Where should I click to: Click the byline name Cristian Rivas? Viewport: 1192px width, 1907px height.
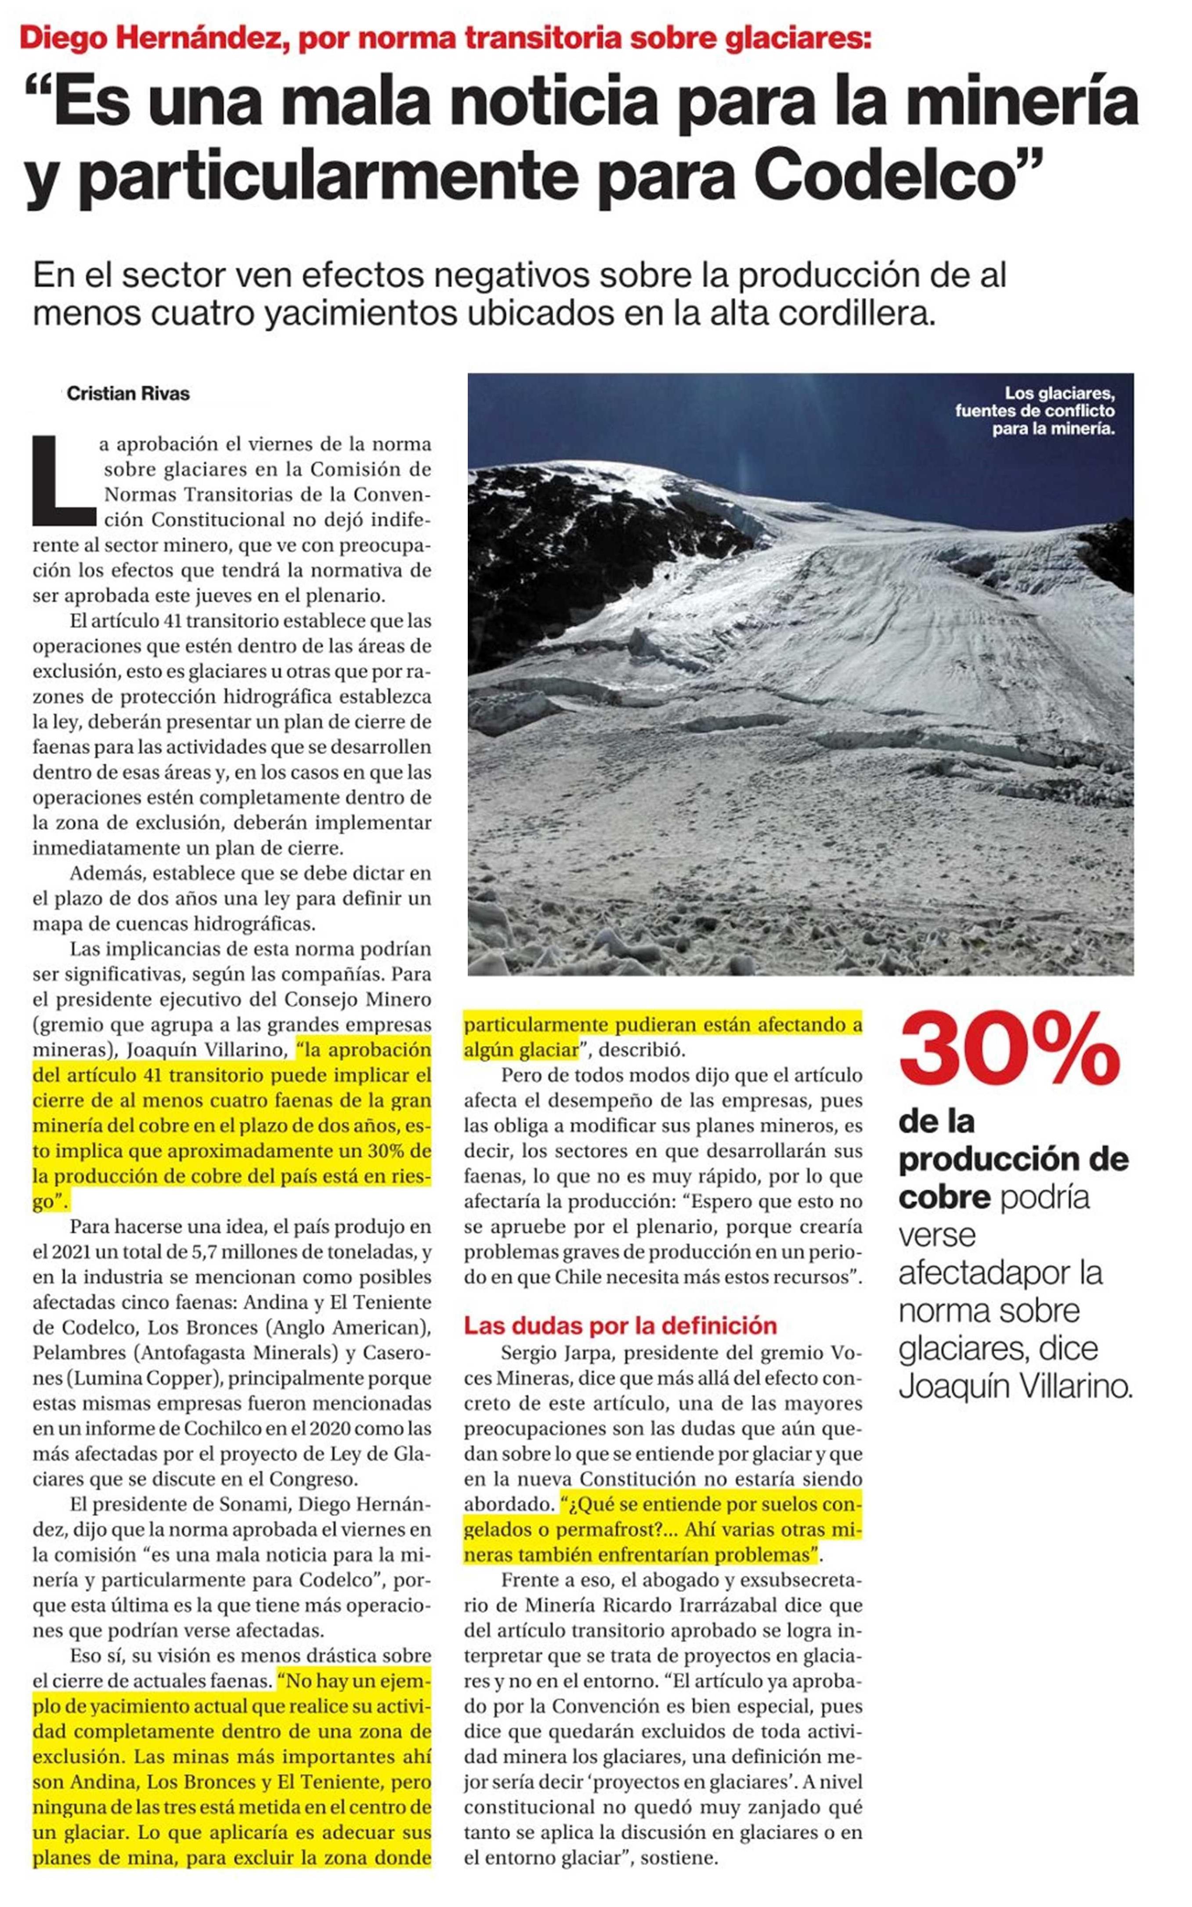[x=128, y=394]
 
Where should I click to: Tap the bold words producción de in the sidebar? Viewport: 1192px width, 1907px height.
[x=1013, y=1159]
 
